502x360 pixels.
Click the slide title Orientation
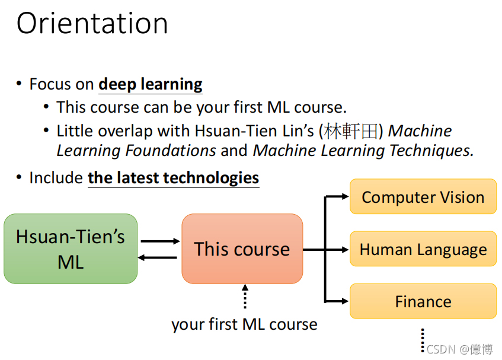(92, 24)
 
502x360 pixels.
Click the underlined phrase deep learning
(151, 85)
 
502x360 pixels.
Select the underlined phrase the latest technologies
(173, 178)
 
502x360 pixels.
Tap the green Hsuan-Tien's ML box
(71, 249)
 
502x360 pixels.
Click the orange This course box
(242, 249)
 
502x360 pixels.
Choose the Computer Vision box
(423, 197)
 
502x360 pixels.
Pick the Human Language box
(423, 249)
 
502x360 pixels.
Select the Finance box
(423, 301)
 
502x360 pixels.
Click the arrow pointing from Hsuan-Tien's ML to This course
(160, 241)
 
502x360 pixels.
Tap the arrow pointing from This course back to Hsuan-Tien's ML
(158, 257)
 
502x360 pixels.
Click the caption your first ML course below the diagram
(244, 324)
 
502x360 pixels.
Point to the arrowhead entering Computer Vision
(345, 196)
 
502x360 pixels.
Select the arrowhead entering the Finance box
(345, 301)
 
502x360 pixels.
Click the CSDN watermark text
(459, 349)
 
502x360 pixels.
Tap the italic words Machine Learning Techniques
(363, 151)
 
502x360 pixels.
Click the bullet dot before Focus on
(20, 84)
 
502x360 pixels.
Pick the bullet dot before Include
(20, 178)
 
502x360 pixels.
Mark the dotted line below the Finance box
(423, 339)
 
